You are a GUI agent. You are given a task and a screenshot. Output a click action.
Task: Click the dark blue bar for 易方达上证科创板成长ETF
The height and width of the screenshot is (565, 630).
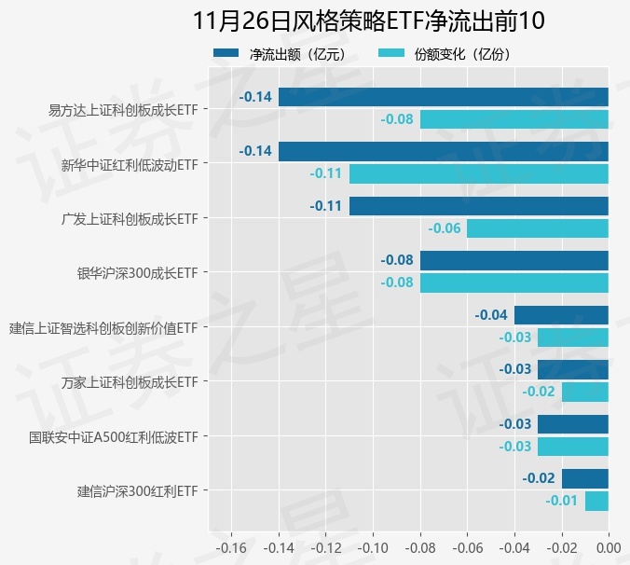(x=443, y=97)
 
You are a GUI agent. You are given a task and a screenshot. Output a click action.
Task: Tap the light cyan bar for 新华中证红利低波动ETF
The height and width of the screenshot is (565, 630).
(x=478, y=173)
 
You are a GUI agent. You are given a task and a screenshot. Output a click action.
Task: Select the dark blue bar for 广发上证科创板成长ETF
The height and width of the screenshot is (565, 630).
(x=478, y=206)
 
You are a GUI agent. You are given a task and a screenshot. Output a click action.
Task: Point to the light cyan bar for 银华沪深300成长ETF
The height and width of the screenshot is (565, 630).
(x=514, y=282)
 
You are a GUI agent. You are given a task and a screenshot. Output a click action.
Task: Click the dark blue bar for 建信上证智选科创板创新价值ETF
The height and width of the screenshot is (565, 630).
(x=561, y=315)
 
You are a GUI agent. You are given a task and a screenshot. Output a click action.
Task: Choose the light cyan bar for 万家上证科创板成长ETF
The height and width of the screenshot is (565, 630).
(x=584, y=392)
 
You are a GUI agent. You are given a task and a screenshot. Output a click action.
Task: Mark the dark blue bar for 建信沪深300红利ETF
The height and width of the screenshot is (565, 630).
(x=584, y=478)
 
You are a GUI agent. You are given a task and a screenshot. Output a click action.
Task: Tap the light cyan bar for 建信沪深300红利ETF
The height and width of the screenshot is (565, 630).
(x=596, y=501)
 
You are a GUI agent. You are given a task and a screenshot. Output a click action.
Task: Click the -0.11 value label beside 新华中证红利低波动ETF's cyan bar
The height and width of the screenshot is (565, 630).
(x=326, y=173)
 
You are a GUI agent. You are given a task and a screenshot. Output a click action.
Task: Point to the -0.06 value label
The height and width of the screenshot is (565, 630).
(x=445, y=228)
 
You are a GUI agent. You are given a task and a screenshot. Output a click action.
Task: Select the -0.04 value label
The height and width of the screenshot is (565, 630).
(x=491, y=315)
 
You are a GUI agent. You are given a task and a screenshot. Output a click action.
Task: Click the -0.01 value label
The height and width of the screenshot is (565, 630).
(x=562, y=501)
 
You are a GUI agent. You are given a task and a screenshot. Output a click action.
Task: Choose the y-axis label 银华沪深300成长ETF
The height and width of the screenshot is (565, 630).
(x=137, y=273)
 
